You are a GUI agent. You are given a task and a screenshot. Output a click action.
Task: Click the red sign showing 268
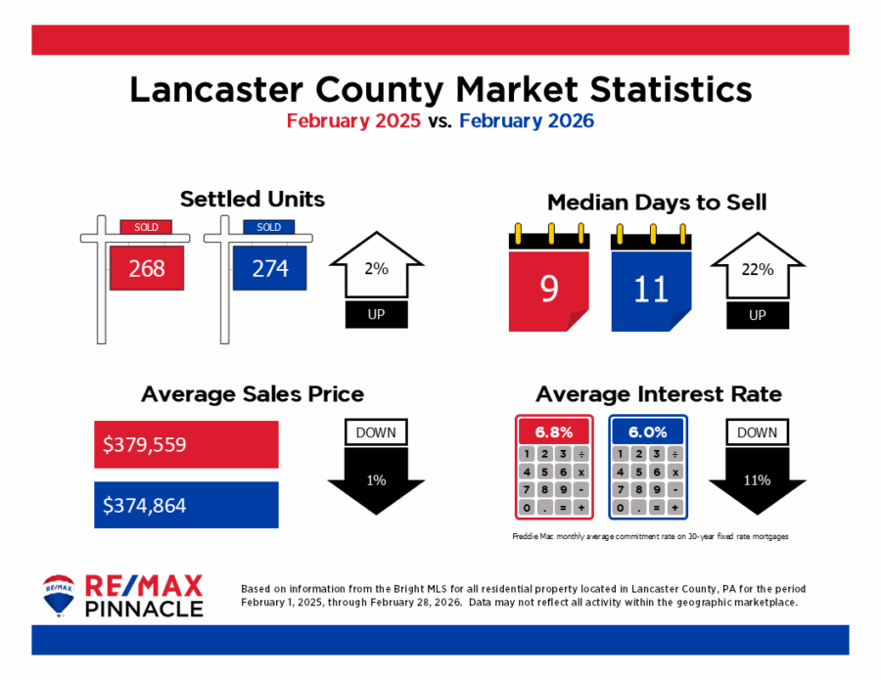147,268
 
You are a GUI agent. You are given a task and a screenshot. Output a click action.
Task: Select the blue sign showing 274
269,268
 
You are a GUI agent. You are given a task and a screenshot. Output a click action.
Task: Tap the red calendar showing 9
548,289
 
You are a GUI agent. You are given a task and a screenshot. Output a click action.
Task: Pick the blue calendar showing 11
651,289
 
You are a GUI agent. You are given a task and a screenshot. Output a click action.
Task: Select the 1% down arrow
376,478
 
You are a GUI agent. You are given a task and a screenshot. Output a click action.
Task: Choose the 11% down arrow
757,478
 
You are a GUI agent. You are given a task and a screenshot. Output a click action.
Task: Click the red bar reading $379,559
186,444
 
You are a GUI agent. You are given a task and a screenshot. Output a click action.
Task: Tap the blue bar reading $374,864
186,505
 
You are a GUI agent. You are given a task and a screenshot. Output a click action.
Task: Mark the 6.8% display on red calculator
553,431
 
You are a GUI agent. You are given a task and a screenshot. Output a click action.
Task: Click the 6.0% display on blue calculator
647,431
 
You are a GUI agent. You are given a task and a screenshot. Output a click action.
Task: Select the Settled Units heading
252,200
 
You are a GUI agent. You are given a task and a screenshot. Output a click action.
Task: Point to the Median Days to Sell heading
656,203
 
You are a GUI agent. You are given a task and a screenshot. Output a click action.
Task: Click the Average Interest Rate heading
659,394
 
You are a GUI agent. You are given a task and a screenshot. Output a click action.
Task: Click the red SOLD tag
146,227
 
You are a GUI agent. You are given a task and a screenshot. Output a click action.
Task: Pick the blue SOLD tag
268,227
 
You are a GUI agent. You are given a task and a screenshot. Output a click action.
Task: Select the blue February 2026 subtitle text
526,121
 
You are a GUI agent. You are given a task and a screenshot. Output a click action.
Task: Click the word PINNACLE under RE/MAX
146,609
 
